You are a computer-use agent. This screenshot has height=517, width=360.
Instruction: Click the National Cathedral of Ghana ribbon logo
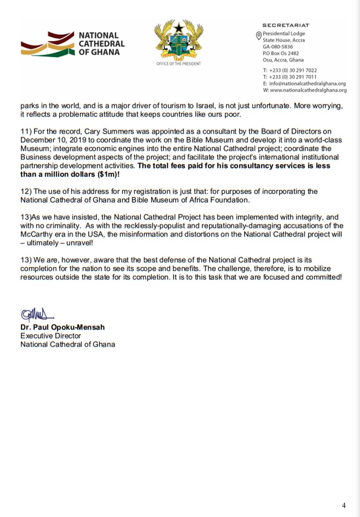(48, 44)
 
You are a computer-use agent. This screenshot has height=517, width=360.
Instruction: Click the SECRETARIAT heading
(285, 25)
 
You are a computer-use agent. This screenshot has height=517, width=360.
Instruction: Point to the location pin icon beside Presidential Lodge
(258, 36)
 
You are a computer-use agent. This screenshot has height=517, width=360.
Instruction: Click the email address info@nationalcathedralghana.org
(307, 84)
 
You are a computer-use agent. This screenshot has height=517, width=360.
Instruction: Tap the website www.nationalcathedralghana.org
(308, 90)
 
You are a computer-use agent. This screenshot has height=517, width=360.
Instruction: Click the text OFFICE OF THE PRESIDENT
(179, 64)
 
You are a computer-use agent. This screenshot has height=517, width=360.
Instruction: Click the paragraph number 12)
(26, 192)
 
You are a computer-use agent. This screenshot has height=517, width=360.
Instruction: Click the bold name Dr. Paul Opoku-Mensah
(63, 327)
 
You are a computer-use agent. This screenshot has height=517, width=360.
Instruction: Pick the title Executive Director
(50, 336)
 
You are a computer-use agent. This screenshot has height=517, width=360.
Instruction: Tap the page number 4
(344, 505)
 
